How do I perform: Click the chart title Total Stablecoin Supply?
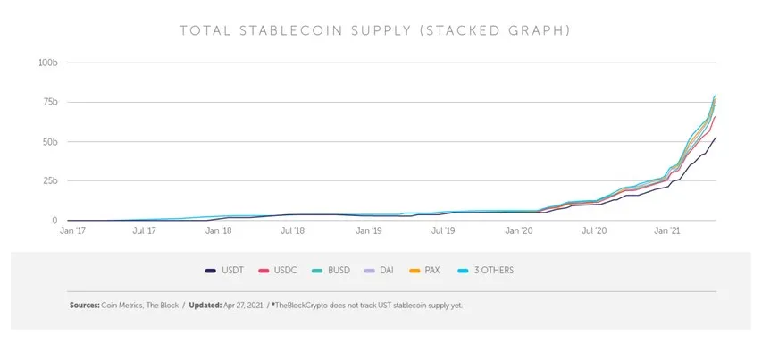(x=375, y=31)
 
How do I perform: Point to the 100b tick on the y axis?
(x=48, y=63)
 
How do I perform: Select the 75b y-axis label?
(x=49, y=102)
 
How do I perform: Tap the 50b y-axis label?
(x=49, y=141)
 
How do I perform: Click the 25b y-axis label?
(x=49, y=180)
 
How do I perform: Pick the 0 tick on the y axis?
(x=54, y=220)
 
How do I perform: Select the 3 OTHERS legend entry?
(x=488, y=270)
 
